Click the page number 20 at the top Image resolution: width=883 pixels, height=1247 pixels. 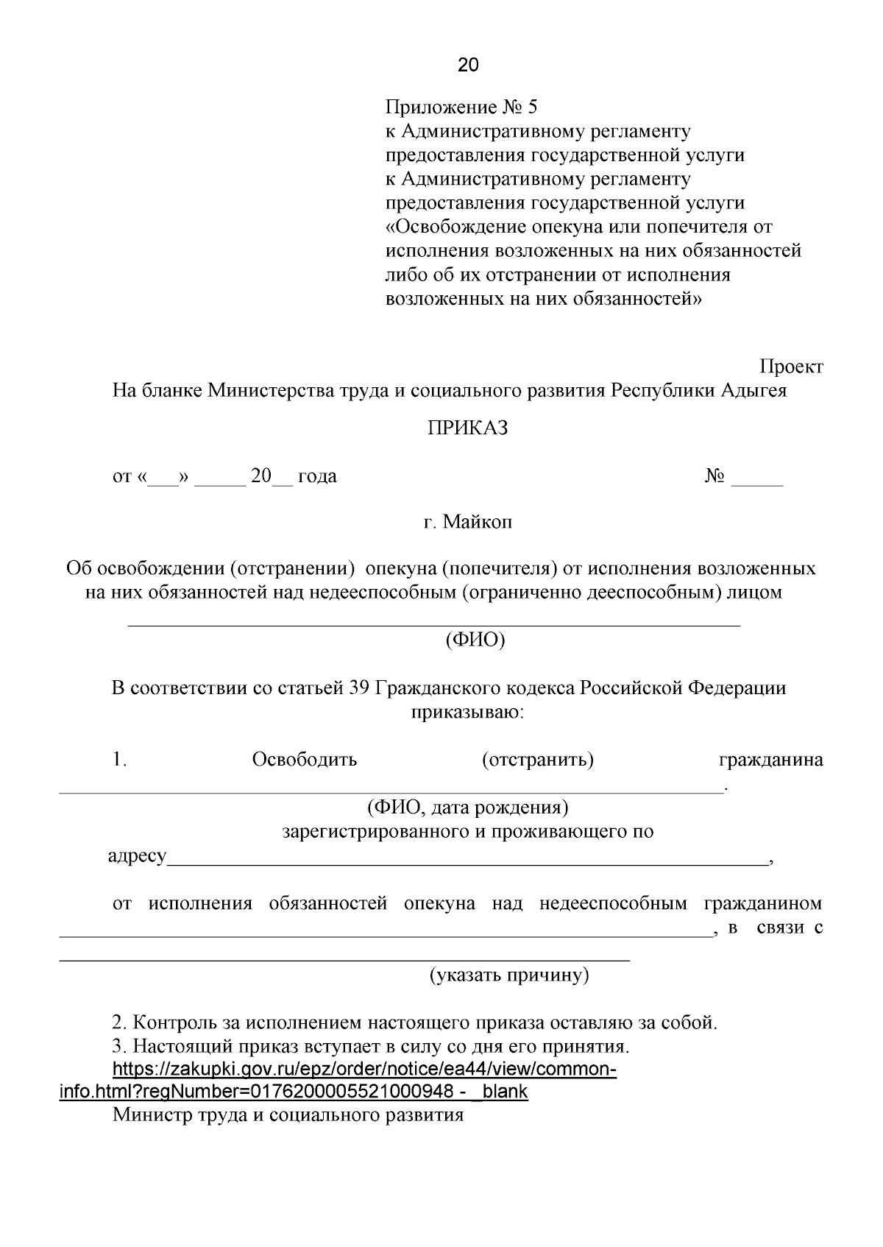coord(468,66)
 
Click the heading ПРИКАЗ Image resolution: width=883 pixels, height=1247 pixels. coord(468,428)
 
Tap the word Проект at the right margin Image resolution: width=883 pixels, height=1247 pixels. coord(791,367)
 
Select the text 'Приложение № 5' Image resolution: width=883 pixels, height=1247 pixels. coord(462,108)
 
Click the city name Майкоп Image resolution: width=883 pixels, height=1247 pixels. coord(478,523)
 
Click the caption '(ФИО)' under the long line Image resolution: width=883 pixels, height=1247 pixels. coord(475,640)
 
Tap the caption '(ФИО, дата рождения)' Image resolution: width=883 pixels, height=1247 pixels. coord(468,808)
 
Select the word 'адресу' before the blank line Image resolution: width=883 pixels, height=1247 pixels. coord(137,857)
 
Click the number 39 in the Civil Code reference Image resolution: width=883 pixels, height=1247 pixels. coord(358,688)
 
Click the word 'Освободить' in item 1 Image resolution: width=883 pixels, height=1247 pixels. coord(304,760)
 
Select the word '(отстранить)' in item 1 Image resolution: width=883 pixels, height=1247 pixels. coord(538,760)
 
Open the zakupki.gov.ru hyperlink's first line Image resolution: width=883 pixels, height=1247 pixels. coord(364,1070)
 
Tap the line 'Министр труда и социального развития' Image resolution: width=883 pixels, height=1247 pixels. coord(288,1115)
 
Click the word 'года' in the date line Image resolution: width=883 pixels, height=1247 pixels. coord(317,476)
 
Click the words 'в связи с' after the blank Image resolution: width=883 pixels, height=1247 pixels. coord(774,928)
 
